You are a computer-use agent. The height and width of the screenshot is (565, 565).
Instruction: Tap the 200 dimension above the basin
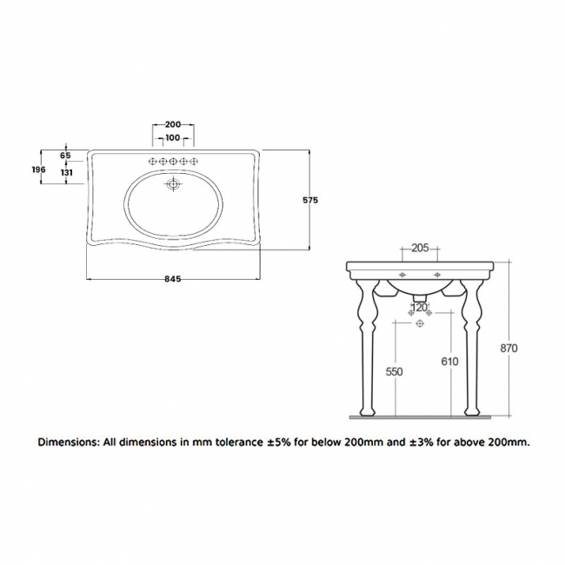pos(172,124)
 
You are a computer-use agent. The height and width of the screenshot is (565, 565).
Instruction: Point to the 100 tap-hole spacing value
pos(172,139)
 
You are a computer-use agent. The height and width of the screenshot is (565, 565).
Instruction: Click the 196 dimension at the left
pos(37,170)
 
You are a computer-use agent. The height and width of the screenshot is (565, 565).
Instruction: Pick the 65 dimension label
pos(65,155)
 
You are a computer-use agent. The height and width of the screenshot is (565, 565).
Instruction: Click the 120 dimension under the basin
pos(420,307)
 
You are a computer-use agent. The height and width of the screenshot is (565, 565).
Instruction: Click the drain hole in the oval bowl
pos(173,183)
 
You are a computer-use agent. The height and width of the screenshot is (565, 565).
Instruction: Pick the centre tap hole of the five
pos(173,161)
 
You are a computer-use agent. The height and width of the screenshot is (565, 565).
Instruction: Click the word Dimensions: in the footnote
pos(69,442)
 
